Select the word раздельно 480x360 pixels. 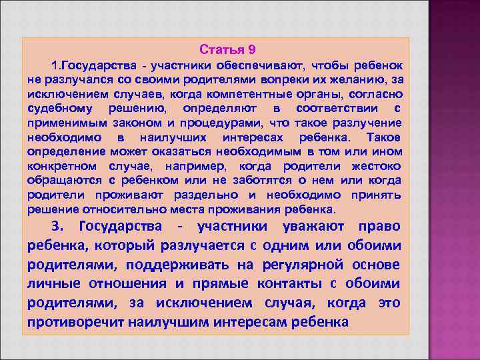207,195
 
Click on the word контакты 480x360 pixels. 286,283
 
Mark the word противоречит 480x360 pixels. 74,322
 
